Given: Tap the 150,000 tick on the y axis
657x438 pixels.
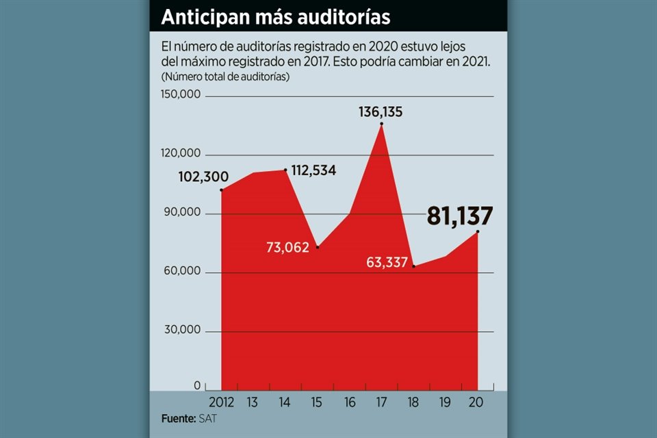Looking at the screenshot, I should [x=181, y=94].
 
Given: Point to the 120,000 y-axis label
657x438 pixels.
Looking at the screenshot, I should [x=181, y=153].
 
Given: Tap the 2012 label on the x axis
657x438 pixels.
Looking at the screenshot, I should [x=222, y=402].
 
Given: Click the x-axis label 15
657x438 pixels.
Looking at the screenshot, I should [x=318, y=402].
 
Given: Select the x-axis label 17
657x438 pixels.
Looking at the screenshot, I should [x=381, y=402].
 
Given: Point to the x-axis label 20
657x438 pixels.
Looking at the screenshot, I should [x=476, y=402].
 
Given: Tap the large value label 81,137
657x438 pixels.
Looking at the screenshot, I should [x=459, y=216].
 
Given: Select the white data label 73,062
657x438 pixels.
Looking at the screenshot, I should [x=287, y=247].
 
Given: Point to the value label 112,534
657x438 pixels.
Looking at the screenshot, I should [x=313, y=170].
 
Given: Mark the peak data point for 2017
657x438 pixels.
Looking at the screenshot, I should [x=381, y=124].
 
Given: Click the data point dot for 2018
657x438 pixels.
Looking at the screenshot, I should [x=413, y=266].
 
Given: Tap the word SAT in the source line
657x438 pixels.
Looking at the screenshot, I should [x=205, y=418].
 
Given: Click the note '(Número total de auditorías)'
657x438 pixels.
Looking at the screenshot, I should [x=225, y=77].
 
